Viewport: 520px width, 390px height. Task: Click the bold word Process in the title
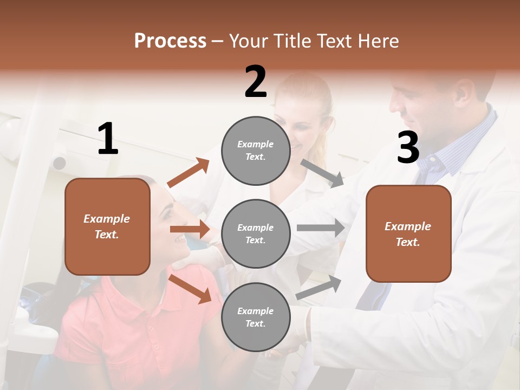point(170,41)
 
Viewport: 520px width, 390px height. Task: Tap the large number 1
point(108,139)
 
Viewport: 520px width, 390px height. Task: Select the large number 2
point(256,82)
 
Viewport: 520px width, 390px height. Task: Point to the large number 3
point(408,147)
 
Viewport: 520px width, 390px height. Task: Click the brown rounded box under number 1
point(107,226)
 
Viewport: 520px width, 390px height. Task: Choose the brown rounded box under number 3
point(408,234)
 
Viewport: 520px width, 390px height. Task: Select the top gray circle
point(256,151)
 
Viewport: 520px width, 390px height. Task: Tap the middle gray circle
point(256,233)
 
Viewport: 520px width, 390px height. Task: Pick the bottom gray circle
point(256,317)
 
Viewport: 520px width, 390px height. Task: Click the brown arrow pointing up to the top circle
point(188,172)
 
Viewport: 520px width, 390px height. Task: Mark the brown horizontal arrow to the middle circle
point(190,229)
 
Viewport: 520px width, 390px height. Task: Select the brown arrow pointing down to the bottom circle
point(190,288)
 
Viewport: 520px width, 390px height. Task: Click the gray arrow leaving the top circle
point(322,173)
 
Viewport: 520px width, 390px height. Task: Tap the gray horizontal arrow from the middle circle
point(321,227)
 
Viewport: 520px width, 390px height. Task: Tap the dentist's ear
point(463,92)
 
